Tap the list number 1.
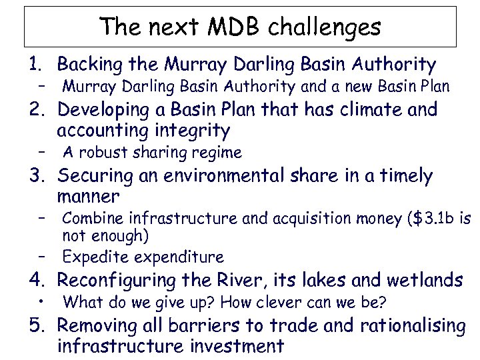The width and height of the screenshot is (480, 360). pyautogui.click(x=34, y=65)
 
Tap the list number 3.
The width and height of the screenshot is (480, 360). pyautogui.click(x=35, y=176)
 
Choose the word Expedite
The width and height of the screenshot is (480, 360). pyautogui.click(x=94, y=257)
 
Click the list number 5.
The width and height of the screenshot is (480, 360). pyautogui.click(x=35, y=326)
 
